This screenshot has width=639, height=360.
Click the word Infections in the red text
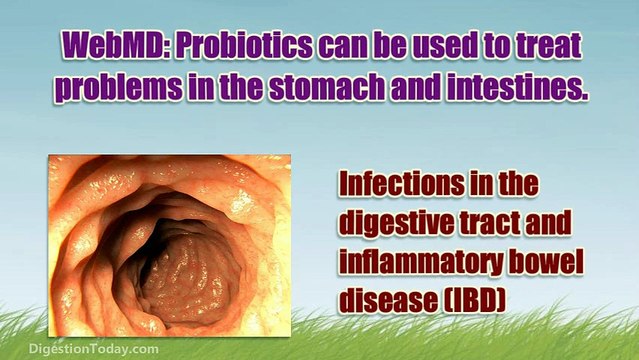(x=395, y=186)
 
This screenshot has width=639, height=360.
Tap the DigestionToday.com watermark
(x=79, y=349)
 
